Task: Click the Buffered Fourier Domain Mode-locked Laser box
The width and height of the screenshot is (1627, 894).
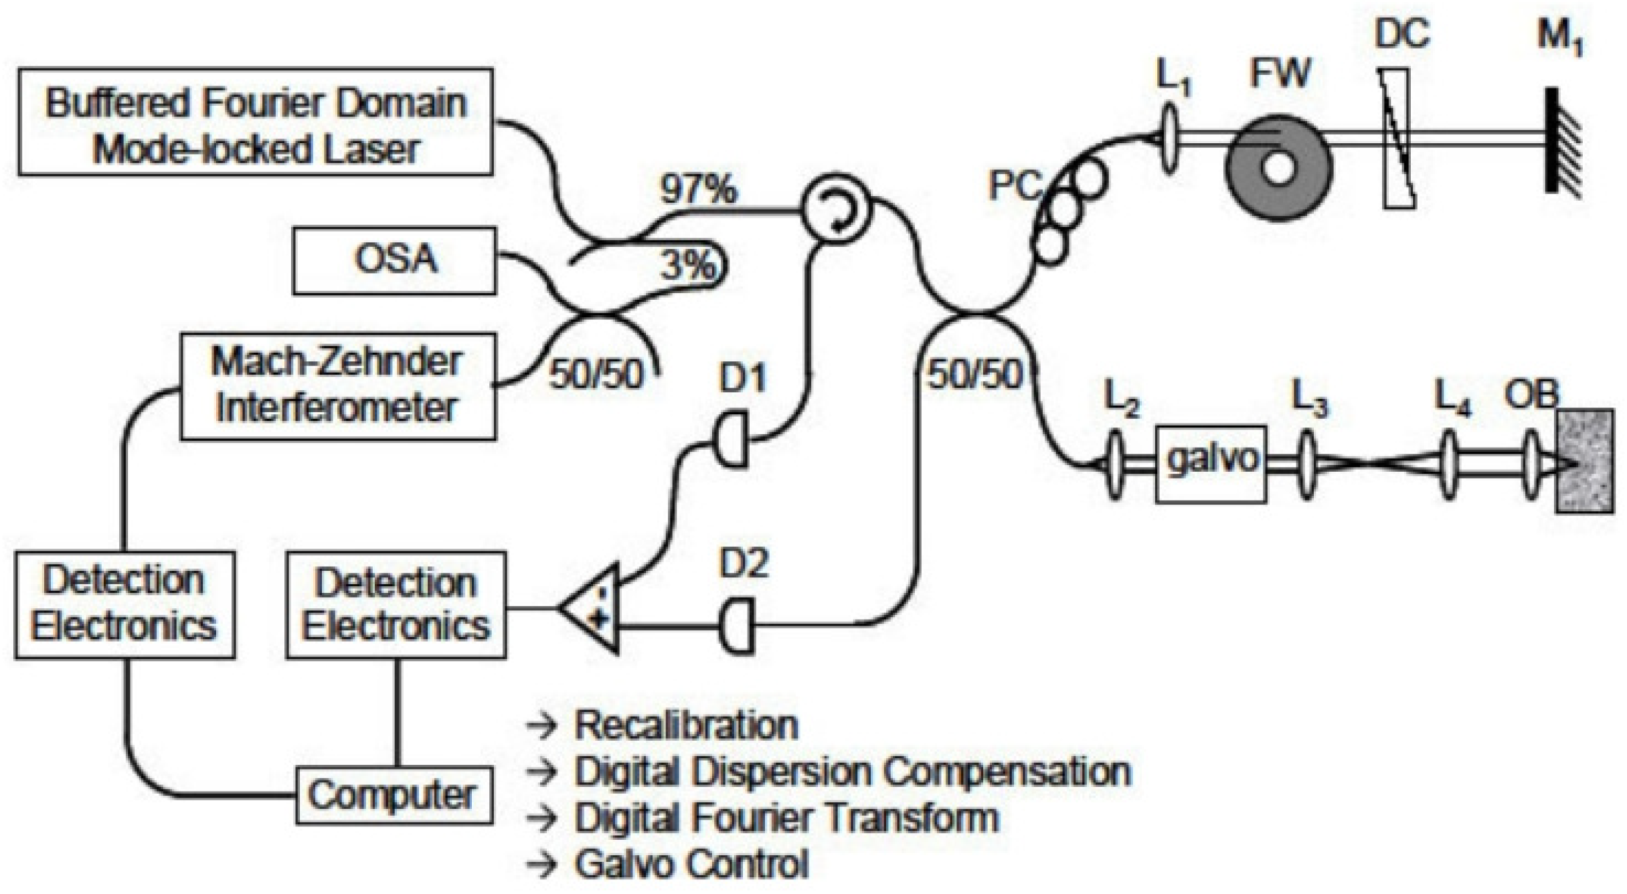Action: click(255, 122)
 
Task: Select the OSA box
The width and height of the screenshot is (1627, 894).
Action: click(394, 260)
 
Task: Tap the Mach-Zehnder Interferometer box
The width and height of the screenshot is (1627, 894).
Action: click(338, 386)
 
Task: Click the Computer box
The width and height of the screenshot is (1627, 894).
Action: click(394, 795)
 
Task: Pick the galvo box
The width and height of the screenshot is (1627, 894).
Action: click(1211, 463)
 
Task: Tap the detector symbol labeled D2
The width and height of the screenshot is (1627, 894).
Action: click(737, 626)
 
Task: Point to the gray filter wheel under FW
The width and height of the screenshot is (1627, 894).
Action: click(1278, 167)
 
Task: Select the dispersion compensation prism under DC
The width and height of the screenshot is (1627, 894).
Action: click(1397, 139)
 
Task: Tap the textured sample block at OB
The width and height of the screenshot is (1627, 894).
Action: click(1583, 462)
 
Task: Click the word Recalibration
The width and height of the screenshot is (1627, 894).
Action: click(686, 725)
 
